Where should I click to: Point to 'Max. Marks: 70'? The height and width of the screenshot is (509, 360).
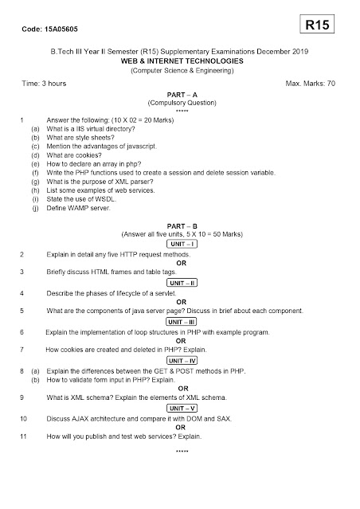312,83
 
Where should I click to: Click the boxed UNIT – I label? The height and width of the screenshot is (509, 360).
182,244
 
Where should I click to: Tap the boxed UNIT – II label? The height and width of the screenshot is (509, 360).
182,283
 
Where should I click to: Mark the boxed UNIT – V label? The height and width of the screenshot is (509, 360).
182,408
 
